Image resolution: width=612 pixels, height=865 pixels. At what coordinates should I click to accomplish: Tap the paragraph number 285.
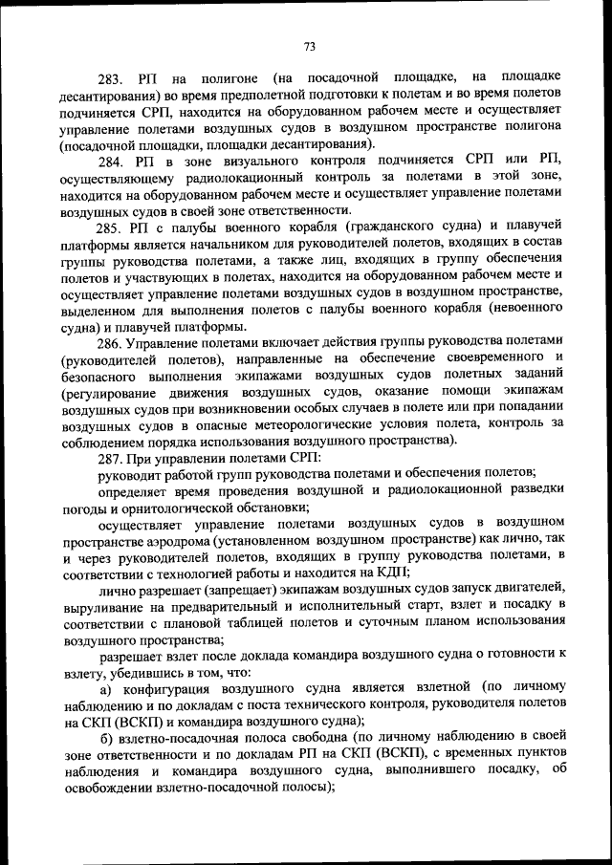(112, 227)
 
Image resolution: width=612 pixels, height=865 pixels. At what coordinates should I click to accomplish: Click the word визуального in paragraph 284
(265, 159)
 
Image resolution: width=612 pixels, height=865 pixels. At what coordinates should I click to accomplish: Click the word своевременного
(483, 357)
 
